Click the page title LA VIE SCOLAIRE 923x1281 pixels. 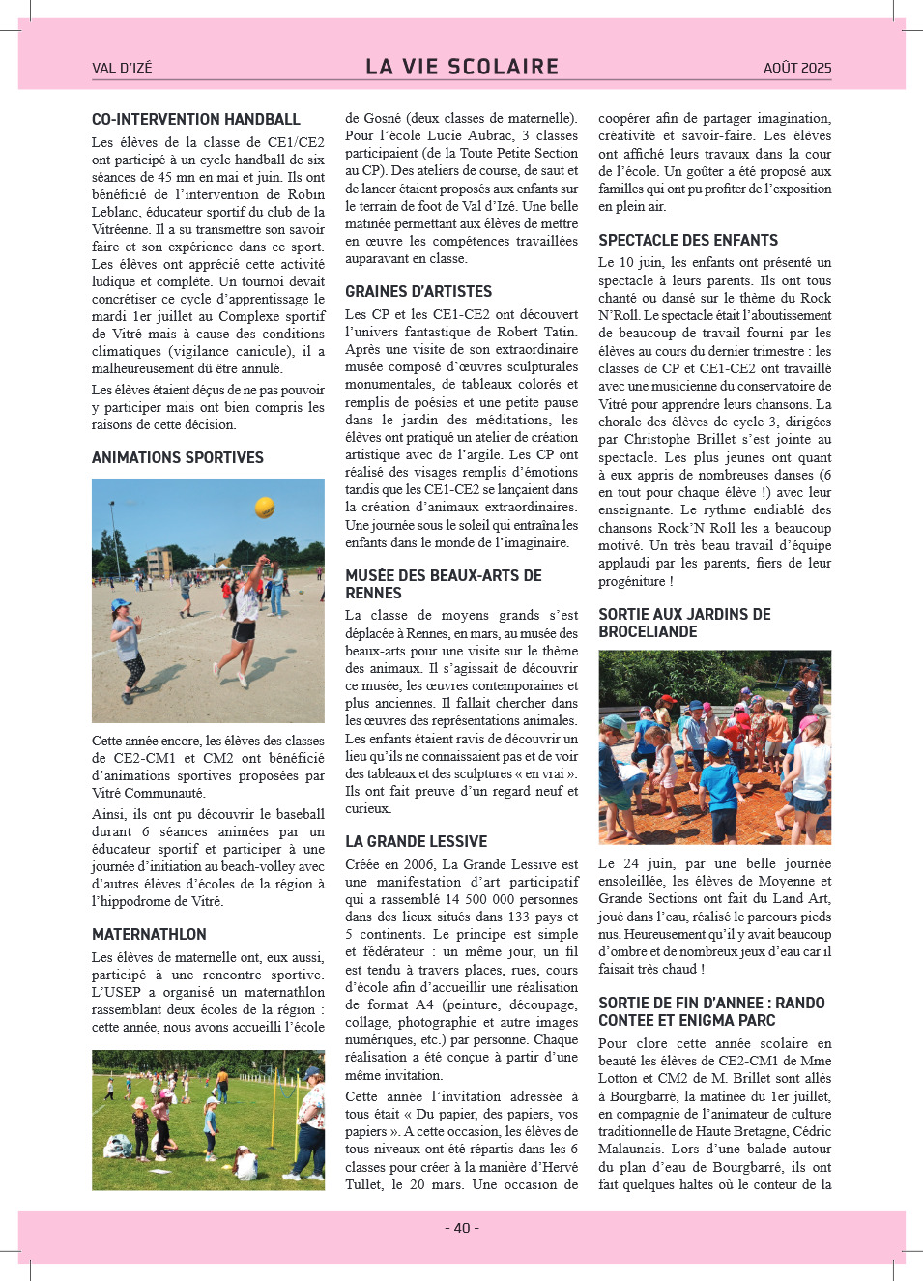(x=462, y=67)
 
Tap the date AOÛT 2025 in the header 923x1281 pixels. (x=796, y=68)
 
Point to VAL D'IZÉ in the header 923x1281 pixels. (x=122, y=68)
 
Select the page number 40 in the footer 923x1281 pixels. (x=462, y=1228)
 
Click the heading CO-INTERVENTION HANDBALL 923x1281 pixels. (x=196, y=120)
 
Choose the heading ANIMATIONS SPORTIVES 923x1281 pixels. (x=178, y=458)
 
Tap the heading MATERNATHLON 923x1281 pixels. (x=149, y=935)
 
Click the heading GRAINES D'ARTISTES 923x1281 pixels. (x=418, y=292)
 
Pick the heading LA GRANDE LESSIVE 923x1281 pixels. (x=416, y=842)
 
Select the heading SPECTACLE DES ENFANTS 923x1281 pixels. (x=688, y=241)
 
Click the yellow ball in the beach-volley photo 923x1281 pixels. (x=264, y=507)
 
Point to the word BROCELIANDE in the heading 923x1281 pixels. (x=648, y=632)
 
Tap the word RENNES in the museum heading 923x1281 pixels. (x=373, y=594)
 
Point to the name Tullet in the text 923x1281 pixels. (x=364, y=1184)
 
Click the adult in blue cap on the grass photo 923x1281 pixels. (x=310, y=1121)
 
